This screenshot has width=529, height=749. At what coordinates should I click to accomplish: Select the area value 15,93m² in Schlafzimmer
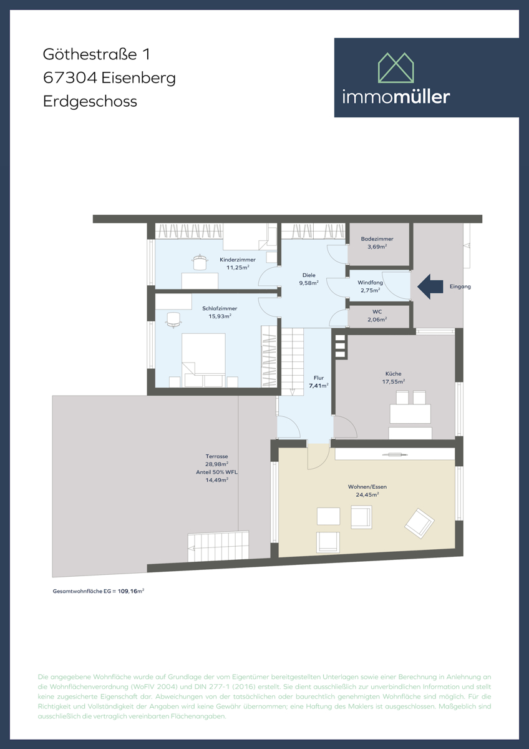[220, 316]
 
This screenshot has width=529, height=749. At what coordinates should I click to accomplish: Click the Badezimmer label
[377, 239]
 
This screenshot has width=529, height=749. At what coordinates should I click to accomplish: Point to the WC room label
[377, 311]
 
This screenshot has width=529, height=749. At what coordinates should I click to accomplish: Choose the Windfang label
[370, 282]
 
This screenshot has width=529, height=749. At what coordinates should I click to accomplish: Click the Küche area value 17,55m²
[394, 381]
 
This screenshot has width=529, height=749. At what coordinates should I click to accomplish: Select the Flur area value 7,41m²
[318, 386]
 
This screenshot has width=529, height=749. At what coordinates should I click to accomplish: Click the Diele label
[309, 275]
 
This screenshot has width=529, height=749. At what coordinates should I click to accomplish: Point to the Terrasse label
[216, 456]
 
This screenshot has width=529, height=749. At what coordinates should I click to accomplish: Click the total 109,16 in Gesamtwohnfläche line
[127, 590]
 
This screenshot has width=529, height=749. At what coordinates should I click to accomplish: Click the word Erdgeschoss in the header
[90, 100]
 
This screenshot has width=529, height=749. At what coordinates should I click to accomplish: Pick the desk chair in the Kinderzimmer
[200, 262]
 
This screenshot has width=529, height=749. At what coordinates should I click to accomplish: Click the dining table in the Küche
[410, 413]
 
